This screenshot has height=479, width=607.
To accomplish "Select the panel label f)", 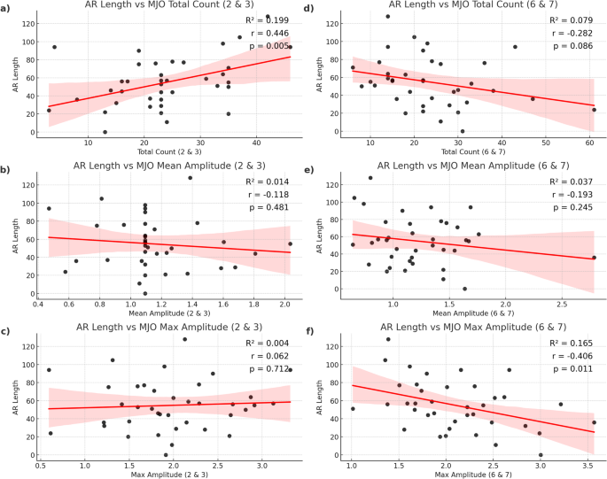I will click(x=311, y=331).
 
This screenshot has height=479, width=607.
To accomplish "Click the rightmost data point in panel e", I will click(x=594, y=258).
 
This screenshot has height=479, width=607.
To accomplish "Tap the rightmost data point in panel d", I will click(x=594, y=110).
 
